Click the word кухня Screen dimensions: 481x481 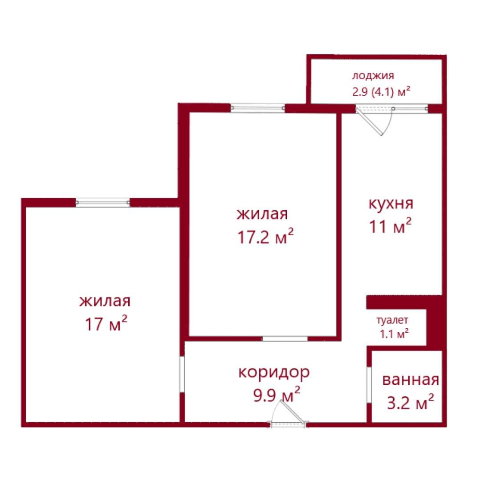391,204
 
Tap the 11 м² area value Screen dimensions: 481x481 390,226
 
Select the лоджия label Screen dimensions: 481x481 373,76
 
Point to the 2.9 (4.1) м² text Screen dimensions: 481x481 381,91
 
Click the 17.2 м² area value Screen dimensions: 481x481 265,236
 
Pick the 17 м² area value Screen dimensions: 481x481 106,323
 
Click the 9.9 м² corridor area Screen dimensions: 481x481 277,395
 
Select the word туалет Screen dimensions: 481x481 392,320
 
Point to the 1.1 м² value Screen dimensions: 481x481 394,334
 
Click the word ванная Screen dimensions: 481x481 411,380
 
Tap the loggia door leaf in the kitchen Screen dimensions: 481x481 370,122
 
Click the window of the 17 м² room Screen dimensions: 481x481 103,203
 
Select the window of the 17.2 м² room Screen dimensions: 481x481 258,108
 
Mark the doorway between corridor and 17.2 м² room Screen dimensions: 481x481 285,338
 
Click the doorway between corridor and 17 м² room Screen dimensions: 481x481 182,374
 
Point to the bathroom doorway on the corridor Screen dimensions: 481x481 369,385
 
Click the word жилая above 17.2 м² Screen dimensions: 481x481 262,214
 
